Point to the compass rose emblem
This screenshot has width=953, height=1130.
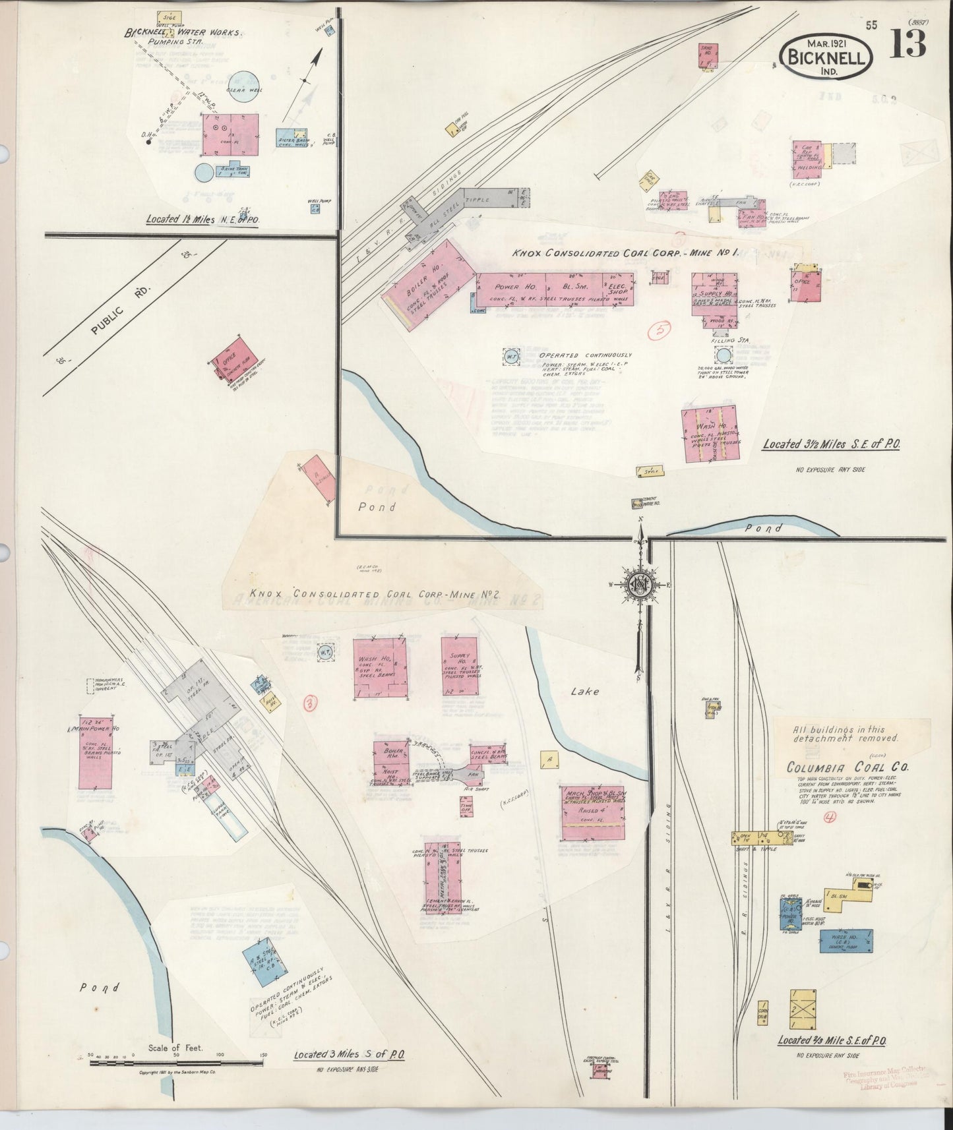tap(639, 583)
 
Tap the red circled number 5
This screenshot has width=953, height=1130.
tap(660, 330)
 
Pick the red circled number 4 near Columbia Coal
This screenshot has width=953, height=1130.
tap(830, 818)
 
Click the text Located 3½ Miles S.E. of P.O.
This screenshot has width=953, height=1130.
tap(831, 444)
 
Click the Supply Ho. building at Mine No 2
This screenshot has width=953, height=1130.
tap(460, 666)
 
